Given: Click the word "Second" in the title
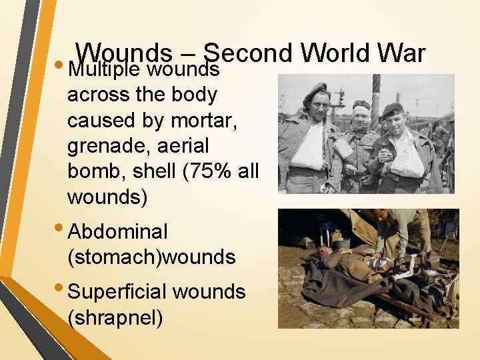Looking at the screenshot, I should (248, 53).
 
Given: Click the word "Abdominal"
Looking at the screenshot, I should (118, 232).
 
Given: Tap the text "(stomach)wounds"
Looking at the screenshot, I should (152, 257).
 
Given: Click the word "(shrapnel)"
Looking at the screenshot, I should (115, 317).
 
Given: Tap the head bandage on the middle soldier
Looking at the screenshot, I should (361, 109).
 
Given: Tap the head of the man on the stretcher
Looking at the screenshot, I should (324, 252).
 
